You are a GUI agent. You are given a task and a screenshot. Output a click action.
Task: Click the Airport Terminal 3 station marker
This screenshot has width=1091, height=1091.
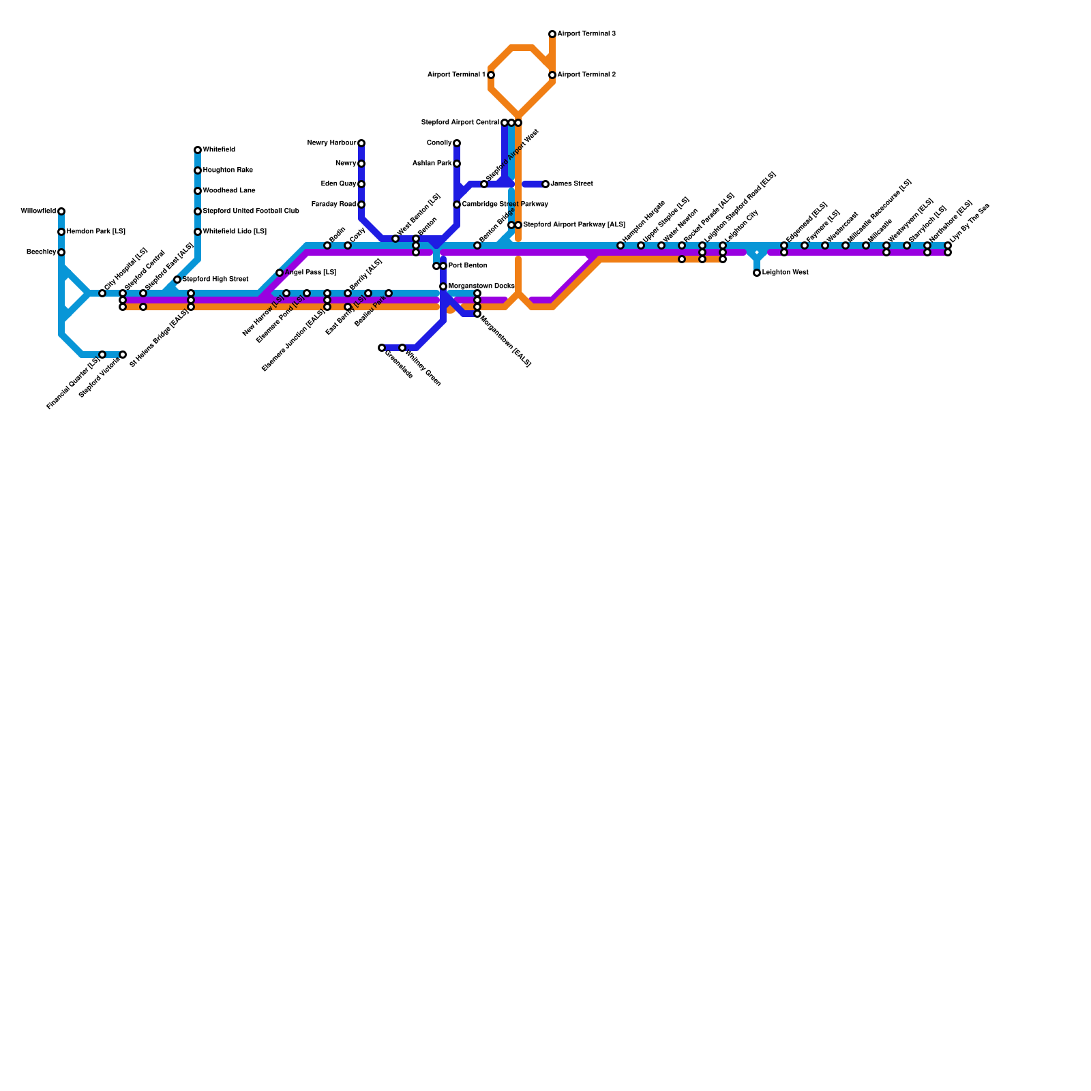(552, 34)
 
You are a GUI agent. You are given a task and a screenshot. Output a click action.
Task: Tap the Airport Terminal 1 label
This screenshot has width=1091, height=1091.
(456, 75)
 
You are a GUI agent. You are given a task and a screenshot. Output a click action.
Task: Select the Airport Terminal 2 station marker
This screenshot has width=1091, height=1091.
(552, 75)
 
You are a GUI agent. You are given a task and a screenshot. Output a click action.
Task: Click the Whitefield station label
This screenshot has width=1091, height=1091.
(219, 150)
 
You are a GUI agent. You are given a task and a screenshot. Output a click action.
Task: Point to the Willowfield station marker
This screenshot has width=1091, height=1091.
(61, 211)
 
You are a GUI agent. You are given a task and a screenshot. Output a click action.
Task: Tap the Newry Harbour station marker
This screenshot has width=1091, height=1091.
(361, 143)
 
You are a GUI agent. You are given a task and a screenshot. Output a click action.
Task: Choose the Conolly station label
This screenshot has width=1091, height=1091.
(438, 143)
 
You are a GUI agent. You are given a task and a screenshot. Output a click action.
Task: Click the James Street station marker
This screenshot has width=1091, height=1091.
(545, 184)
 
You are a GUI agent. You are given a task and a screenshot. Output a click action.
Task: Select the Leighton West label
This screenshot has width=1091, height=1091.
(785, 273)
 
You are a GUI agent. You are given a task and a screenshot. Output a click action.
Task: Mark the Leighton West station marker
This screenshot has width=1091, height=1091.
(757, 273)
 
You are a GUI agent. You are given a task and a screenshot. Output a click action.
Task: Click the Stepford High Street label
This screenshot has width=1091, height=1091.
(215, 280)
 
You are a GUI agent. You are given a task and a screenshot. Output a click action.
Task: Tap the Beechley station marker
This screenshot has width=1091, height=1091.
(61, 252)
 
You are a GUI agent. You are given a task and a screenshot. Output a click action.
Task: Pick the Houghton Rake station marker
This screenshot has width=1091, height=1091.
(198, 170)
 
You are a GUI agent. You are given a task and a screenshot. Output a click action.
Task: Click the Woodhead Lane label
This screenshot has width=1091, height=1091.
(229, 191)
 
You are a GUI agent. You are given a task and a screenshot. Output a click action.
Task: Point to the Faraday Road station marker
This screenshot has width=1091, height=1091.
(361, 205)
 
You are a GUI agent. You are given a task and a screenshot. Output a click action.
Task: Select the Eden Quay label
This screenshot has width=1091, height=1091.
(338, 184)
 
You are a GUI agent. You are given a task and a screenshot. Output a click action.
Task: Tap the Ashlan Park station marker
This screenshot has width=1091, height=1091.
(457, 164)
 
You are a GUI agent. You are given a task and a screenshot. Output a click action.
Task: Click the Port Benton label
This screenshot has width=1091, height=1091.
(468, 266)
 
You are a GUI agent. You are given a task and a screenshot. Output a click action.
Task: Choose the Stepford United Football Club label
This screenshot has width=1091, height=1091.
(250, 211)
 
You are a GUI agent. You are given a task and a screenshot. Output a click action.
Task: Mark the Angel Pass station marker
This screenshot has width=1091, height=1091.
(280, 273)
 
